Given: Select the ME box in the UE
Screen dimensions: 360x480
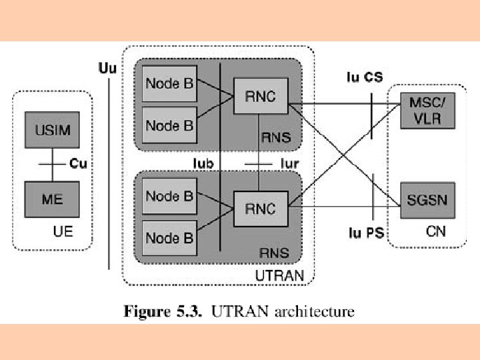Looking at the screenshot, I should click(52, 198).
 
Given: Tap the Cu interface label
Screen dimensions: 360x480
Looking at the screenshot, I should click(78, 163).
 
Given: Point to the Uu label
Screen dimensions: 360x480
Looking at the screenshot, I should click(107, 67).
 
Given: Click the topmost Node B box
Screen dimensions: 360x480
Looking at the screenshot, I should click(169, 84).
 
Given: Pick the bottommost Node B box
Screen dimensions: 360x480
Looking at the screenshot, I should click(169, 237).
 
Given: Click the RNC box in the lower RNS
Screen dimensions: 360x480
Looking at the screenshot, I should click(260, 209).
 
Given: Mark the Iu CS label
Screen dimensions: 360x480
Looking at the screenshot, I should click(365, 77).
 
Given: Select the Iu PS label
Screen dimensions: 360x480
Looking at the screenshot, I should click(367, 234).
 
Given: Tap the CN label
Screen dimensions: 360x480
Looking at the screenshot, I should click(435, 231).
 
